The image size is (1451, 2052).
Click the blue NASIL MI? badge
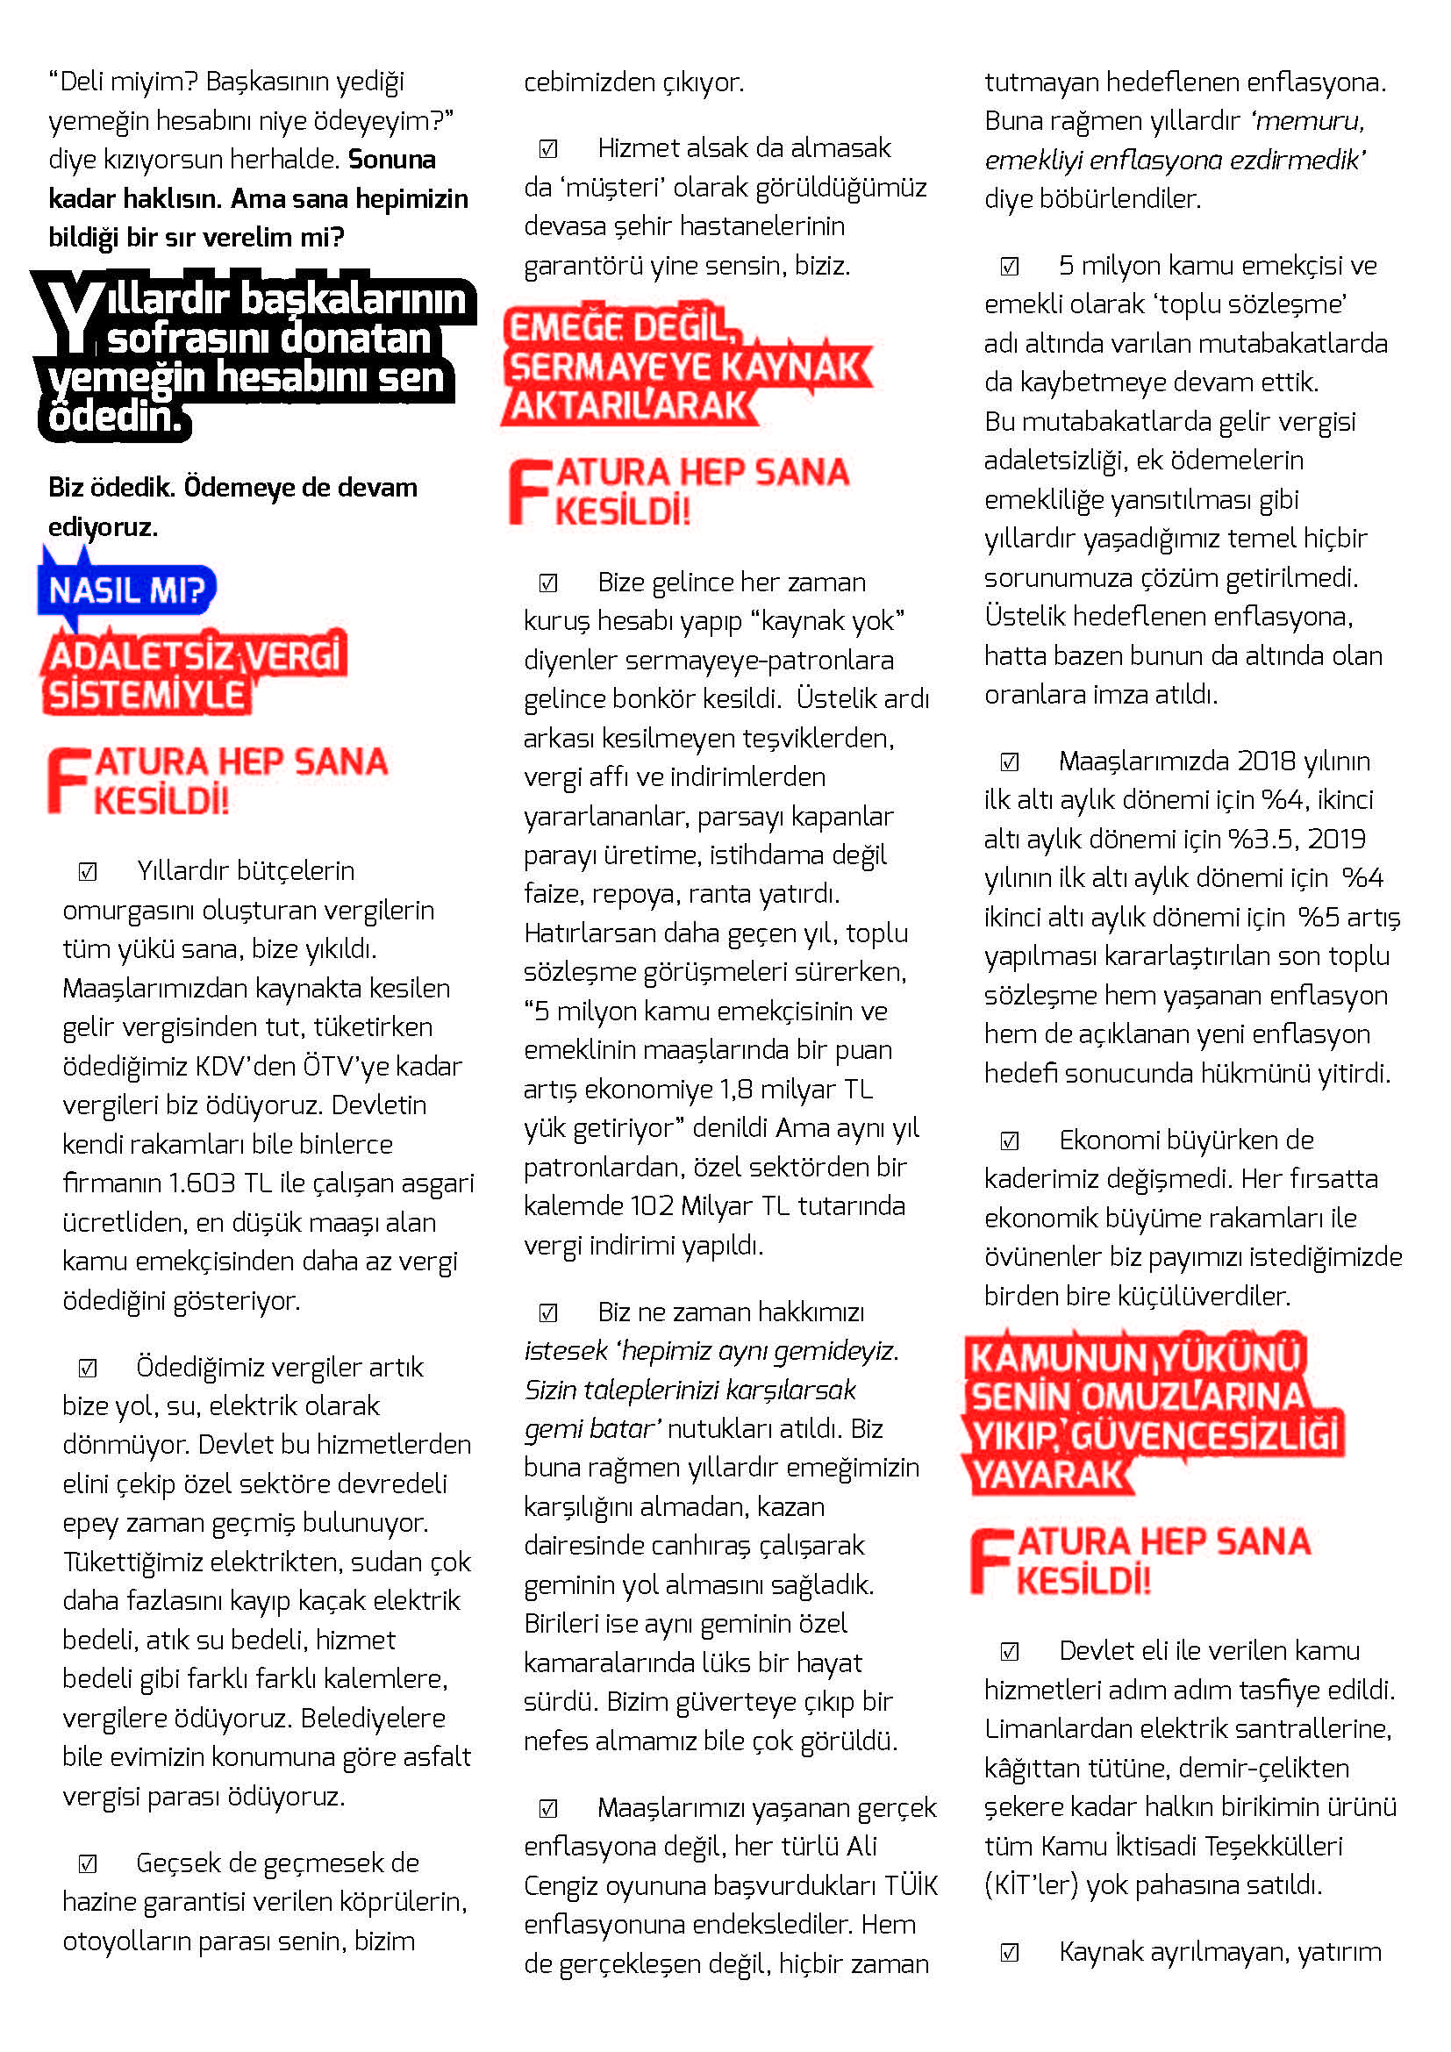[x=127, y=590]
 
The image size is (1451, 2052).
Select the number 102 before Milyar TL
[x=651, y=1205]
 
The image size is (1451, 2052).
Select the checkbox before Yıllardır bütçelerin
[x=88, y=871]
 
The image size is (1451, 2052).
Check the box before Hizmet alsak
[x=548, y=148]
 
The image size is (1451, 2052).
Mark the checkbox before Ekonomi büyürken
[x=1010, y=1140]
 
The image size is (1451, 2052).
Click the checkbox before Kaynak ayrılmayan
[x=1010, y=1953]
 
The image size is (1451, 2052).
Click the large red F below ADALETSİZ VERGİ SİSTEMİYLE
[x=68, y=781]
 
